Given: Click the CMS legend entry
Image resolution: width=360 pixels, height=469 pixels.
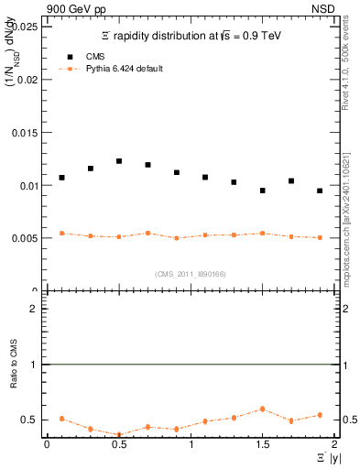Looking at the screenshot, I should click(x=83, y=56).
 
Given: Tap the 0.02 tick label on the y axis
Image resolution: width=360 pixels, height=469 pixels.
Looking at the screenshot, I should click(x=27, y=80).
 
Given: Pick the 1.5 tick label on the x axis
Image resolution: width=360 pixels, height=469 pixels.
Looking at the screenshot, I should click(x=262, y=444).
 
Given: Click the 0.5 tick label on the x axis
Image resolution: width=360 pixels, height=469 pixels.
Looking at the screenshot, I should click(x=118, y=444).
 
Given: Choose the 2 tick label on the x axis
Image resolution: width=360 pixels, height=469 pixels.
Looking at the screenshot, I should click(x=334, y=444).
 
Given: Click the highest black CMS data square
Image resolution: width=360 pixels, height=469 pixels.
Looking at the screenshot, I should click(x=119, y=161).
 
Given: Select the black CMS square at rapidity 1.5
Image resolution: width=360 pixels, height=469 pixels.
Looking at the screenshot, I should click(x=262, y=191).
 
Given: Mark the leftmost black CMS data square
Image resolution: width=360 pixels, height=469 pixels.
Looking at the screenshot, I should click(x=61, y=178).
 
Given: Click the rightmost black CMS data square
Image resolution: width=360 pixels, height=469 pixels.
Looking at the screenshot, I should click(x=320, y=191).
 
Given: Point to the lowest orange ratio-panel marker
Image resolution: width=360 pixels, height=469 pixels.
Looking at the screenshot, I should click(x=119, y=435).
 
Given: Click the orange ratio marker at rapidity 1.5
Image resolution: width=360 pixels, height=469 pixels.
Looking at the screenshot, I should click(x=262, y=409).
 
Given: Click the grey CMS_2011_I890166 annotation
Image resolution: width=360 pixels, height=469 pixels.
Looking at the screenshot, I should click(x=190, y=273).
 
